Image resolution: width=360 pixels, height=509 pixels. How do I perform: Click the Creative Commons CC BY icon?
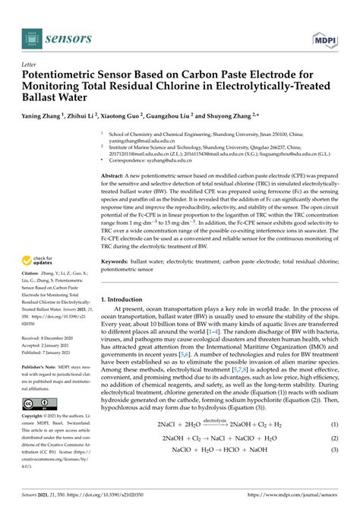[36, 403]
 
